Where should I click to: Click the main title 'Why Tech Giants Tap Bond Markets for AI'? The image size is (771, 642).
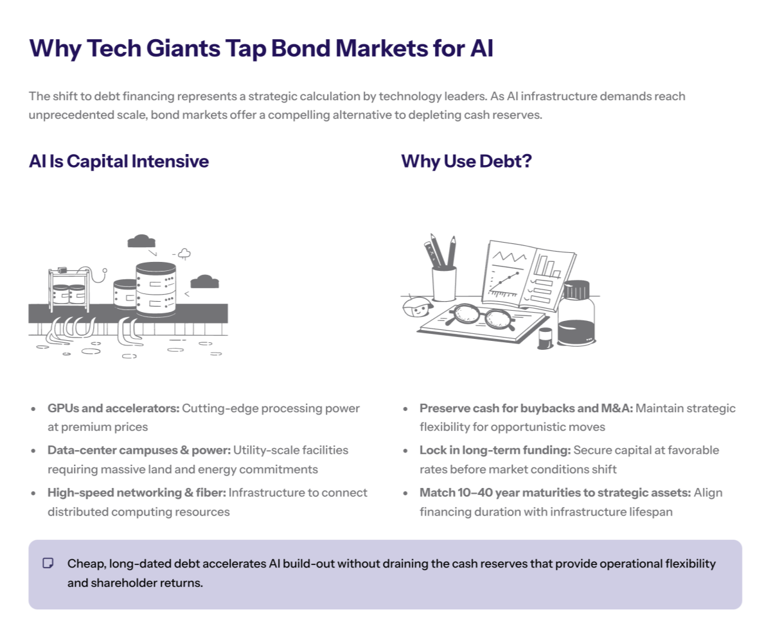pyautogui.click(x=261, y=49)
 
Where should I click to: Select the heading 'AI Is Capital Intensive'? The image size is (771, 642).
pyautogui.click(x=119, y=161)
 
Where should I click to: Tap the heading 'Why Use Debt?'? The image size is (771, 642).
pyautogui.click(x=466, y=161)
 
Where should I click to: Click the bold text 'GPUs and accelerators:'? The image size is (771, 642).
pyautogui.click(x=113, y=408)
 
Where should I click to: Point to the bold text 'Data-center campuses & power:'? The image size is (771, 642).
pyautogui.click(x=138, y=451)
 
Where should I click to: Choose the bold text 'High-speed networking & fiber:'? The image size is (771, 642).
pyautogui.click(x=136, y=493)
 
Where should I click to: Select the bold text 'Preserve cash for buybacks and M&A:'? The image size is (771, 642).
pyautogui.click(x=526, y=408)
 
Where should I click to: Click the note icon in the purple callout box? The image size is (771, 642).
pyautogui.click(x=48, y=564)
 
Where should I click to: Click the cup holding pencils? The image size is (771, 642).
pyautogui.click(x=443, y=282)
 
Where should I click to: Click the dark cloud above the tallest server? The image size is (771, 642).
pyautogui.click(x=142, y=241)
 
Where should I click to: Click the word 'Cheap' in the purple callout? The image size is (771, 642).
pyautogui.click(x=85, y=564)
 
